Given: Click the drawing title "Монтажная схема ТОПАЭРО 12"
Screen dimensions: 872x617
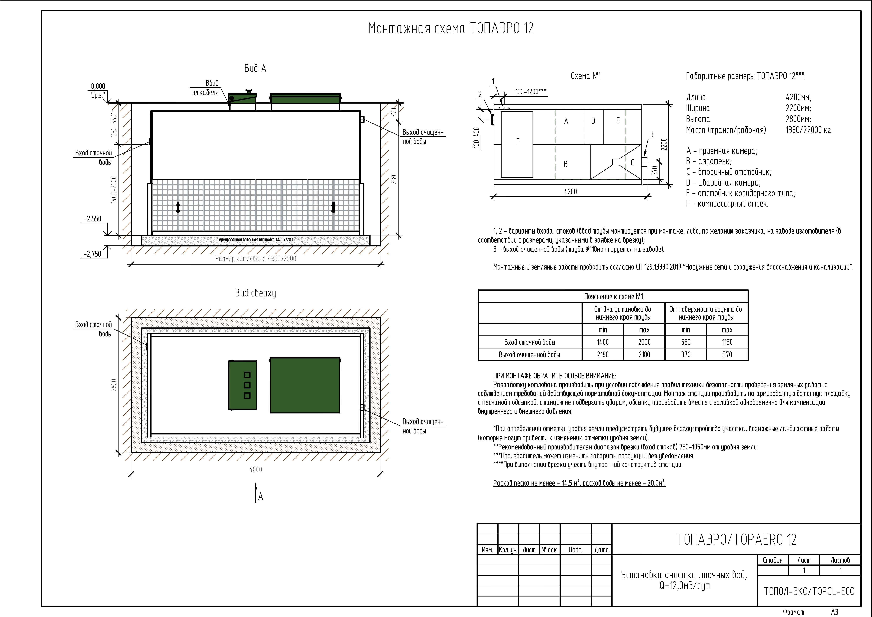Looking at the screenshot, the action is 451,28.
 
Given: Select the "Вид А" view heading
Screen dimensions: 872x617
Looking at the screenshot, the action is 255,68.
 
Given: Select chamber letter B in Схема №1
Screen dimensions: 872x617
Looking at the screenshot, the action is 566,164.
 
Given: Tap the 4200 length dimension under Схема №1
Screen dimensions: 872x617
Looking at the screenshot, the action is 570,192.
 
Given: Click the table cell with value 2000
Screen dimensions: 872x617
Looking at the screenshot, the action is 644,342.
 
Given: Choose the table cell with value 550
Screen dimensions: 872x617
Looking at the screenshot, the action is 686,342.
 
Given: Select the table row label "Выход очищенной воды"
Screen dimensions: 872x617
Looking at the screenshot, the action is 529,355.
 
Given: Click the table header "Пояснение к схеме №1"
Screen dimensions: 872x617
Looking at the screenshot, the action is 613,296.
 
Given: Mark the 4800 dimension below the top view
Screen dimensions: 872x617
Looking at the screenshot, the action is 256,469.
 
